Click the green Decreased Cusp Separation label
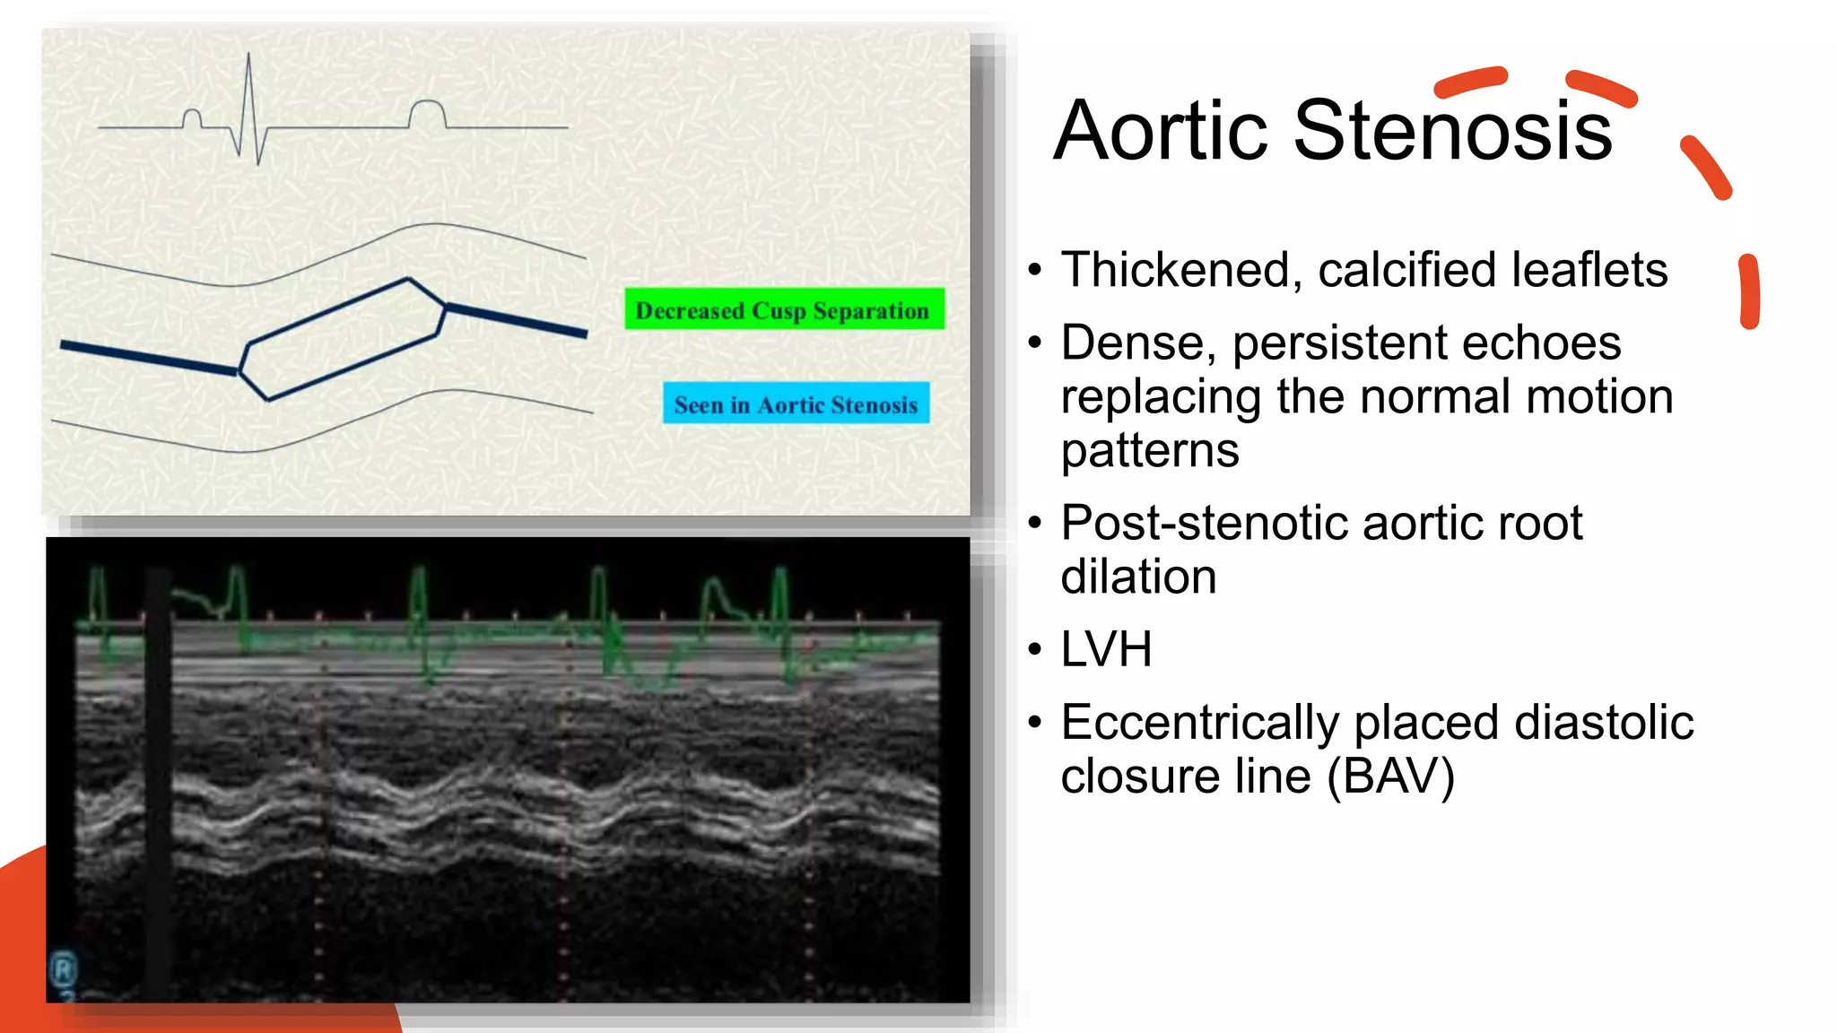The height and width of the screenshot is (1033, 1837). (x=783, y=309)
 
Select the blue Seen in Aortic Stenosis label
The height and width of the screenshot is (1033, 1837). (x=796, y=404)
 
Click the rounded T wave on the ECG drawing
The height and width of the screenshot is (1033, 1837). (x=427, y=111)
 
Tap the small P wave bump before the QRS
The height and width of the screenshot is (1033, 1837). (x=192, y=117)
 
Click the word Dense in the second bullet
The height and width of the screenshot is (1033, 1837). (x=1134, y=343)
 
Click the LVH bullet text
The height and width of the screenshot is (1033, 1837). (x=1106, y=649)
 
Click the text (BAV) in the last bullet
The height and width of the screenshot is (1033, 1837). (x=1390, y=777)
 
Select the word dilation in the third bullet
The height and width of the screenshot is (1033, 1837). (x=1138, y=577)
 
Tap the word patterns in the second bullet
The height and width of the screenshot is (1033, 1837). (x=1149, y=450)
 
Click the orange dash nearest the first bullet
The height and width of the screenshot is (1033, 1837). (x=1748, y=292)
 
